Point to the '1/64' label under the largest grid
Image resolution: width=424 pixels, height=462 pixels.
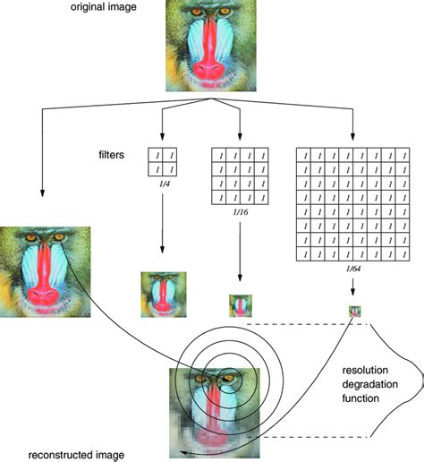click(x=354, y=269)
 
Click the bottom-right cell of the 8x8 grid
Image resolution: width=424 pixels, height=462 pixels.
click(x=404, y=254)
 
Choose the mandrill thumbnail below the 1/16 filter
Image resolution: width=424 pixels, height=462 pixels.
click(x=240, y=304)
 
